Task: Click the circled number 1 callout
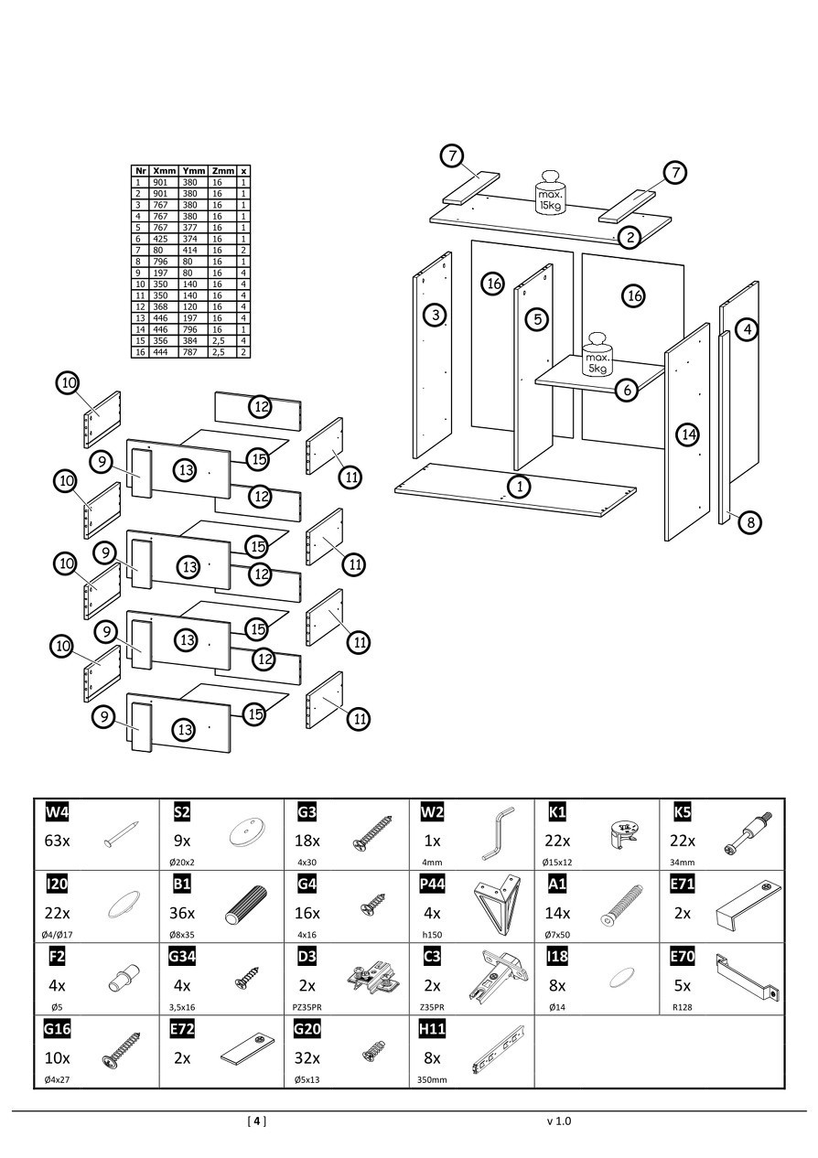coord(520,486)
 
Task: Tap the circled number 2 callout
coord(630,238)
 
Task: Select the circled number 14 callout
coord(687,434)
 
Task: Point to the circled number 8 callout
coord(749,522)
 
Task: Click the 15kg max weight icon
coord(551,191)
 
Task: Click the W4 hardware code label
coord(57,812)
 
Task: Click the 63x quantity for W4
coord(58,842)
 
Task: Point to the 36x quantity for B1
coord(182,913)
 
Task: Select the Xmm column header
coord(165,171)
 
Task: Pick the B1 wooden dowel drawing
coord(245,906)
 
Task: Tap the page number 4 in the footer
coord(257,1120)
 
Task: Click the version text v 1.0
coord(558,1120)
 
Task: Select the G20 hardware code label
coord(307,1029)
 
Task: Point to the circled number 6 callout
coord(627,391)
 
